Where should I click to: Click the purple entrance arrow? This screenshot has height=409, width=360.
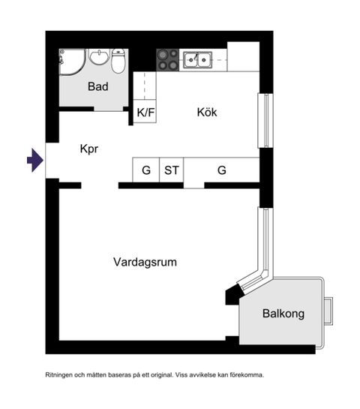click(34, 160)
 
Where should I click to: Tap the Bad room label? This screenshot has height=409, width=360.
click(97, 86)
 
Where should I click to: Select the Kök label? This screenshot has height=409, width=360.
click(207, 112)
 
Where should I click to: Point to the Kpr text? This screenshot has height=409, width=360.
click(89, 149)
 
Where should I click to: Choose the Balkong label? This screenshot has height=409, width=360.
click(283, 314)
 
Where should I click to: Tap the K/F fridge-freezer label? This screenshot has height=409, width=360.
click(145, 113)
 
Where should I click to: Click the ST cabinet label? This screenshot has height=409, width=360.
click(172, 170)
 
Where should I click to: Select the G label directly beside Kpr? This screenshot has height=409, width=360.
click(146, 170)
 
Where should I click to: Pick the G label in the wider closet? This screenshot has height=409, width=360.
click(222, 170)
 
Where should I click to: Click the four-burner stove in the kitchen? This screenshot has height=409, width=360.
click(167, 59)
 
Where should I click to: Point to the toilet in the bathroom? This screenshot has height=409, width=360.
click(118, 60)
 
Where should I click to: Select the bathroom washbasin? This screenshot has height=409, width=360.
click(98, 58)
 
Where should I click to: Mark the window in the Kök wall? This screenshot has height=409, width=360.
click(264, 120)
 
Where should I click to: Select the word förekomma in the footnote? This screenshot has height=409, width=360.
click(246, 374)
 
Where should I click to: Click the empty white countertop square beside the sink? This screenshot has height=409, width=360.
click(243, 57)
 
